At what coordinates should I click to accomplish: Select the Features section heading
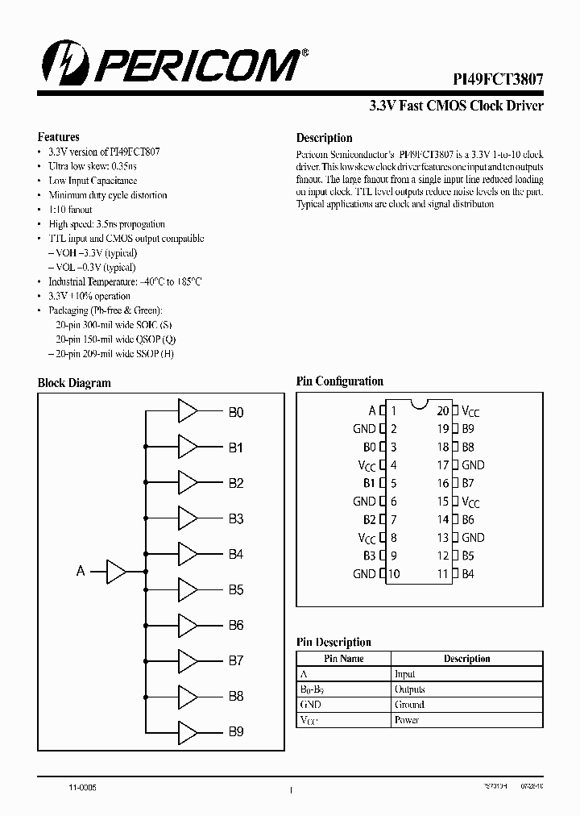59,137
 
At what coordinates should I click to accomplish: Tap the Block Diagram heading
74,383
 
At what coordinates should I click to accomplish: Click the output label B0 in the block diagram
235,412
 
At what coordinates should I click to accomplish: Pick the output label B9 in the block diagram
235,732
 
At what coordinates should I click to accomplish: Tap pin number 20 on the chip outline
442,410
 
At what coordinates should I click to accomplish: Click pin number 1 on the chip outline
393,410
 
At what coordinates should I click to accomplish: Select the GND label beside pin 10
364,574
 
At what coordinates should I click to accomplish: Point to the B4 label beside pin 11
468,574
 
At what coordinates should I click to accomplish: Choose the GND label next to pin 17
473,465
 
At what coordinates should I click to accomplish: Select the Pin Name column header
344,659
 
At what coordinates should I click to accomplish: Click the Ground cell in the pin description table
408,705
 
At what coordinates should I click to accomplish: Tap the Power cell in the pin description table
406,720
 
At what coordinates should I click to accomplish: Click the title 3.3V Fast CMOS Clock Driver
456,106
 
